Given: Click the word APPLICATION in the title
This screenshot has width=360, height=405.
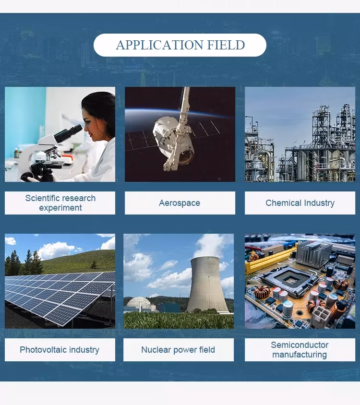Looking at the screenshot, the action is tap(159, 45).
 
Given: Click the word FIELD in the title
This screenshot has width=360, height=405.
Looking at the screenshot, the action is tap(226, 45).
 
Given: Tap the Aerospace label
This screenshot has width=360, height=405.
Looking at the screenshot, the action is tap(180, 203).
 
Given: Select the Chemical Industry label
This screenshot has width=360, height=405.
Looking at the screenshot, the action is tap(300, 203).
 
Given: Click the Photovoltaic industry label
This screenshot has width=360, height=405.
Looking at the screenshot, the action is tap(60, 350).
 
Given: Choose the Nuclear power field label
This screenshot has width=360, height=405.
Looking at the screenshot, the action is tap(178, 350).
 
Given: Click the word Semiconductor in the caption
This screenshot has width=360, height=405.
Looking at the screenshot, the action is tap(300, 345).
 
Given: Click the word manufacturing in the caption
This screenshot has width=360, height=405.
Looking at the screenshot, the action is tap(300, 355).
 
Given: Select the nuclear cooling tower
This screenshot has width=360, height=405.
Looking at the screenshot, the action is tap(207, 284).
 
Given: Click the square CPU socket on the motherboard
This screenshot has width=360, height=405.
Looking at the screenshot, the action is tap(290, 281).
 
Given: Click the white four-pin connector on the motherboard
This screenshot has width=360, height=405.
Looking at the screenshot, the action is tap(321, 316).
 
